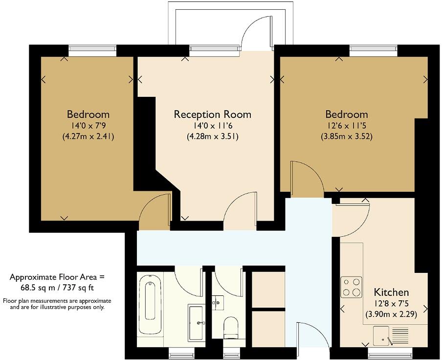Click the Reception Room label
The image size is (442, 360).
(x=212, y=114)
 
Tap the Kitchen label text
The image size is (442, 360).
(x=391, y=292)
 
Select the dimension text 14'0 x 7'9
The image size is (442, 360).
(x=88, y=126)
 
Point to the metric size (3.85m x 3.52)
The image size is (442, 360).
(x=346, y=137)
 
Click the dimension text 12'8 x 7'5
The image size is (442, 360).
(x=391, y=304)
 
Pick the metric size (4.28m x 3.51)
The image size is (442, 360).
(x=212, y=137)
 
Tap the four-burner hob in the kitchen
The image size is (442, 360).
(x=351, y=287)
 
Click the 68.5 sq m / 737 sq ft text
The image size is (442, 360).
(x=57, y=288)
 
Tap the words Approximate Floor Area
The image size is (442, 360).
(x=57, y=277)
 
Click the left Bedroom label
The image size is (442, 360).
(x=88, y=114)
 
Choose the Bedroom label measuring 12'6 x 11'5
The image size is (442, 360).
(x=346, y=114)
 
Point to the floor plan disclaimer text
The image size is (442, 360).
(x=57, y=304)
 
